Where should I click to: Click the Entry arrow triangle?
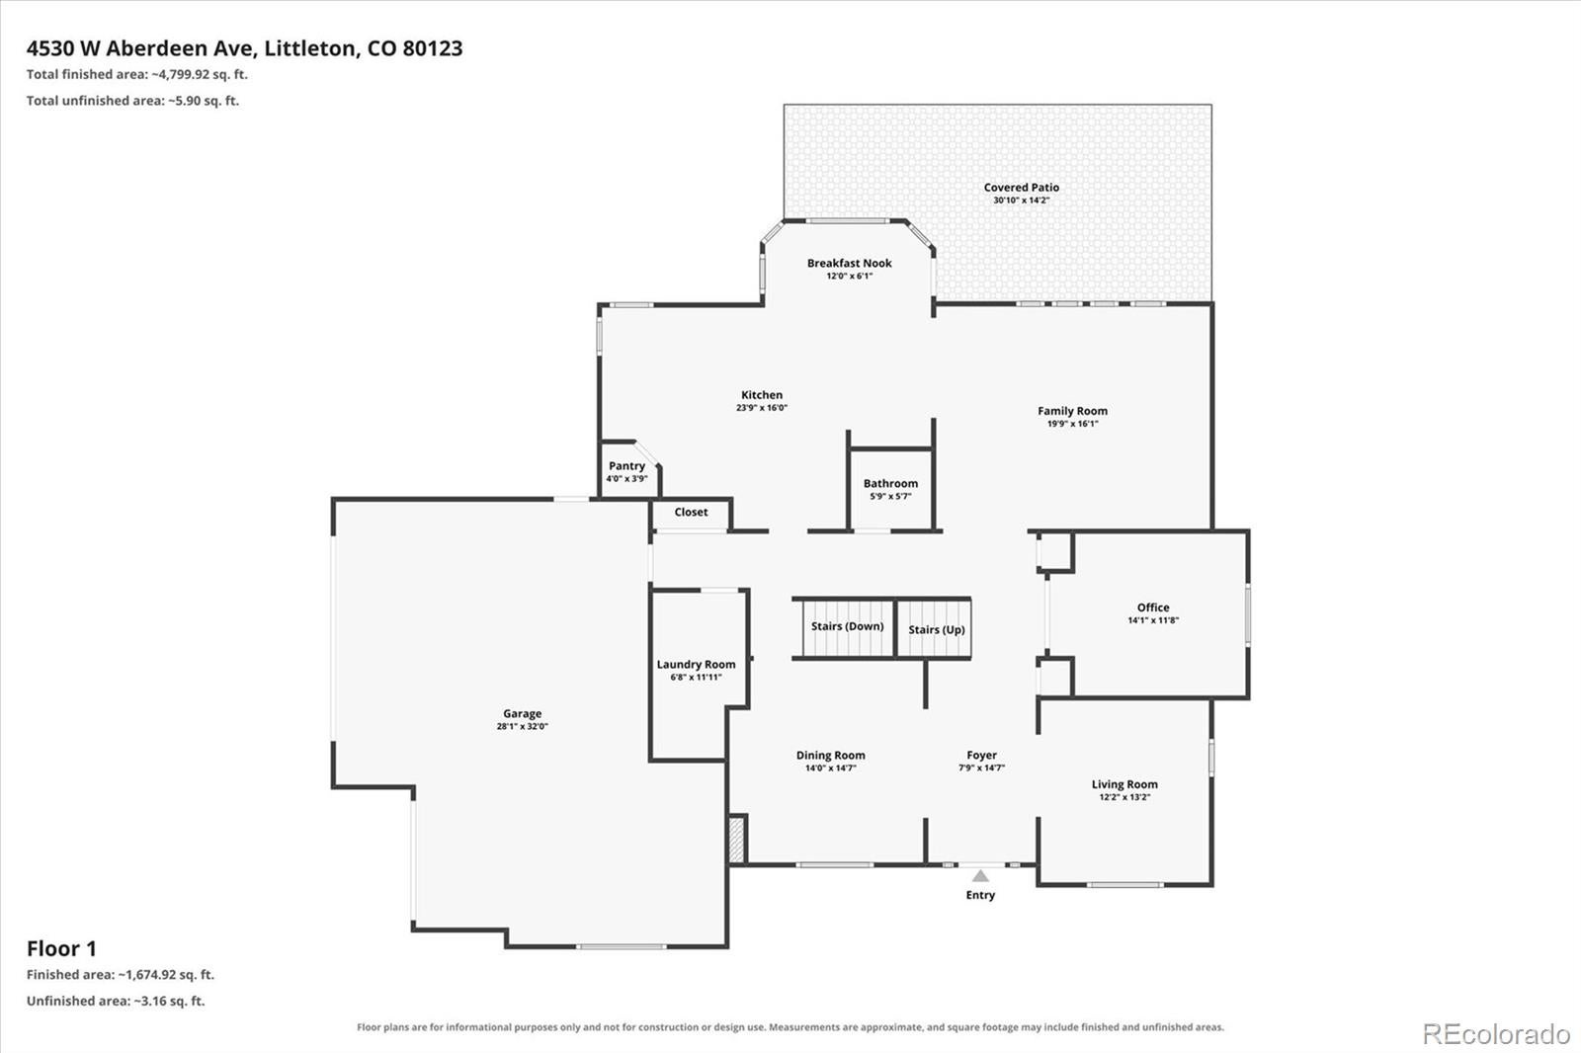pyautogui.click(x=980, y=876)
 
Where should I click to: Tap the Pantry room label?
pyautogui.click(x=626, y=466)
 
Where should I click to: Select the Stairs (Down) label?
pyautogui.click(x=847, y=626)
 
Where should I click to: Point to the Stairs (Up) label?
pyautogui.click(x=936, y=629)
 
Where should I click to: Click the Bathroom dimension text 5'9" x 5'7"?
pyautogui.click(x=890, y=496)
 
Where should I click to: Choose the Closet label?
pyautogui.click(x=691, y=512)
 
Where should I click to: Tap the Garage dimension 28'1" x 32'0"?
pyautogui.click(x=522, y=726)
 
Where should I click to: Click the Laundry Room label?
pyautogui.click(x=696, y=664)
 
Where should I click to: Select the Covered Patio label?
pyautogui.click(x=1022, y=187)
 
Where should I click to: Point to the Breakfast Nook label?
pyautogui.click(x=849, y=263)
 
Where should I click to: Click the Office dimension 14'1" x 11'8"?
pyautogui.click(x=1152, y=620)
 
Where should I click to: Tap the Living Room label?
pyautogui.click(x=1124, y=784)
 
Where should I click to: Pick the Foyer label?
pyautogui.click(x=982, y=755)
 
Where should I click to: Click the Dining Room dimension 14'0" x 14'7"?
pyautogui.click(x=831, y=768)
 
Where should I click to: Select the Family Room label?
pyautogui.click(x=1072, y=411)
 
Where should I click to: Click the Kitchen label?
pyautogui.click(x=762, y=394)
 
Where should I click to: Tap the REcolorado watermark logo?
pyautogui.click(x=1496, y=1034)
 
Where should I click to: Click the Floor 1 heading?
pyautogui.click(x=61, y=948)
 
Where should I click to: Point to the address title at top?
pyautogui.click(x=244, y=48)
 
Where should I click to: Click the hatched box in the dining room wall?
pyautogui.click(x=736, y=840)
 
